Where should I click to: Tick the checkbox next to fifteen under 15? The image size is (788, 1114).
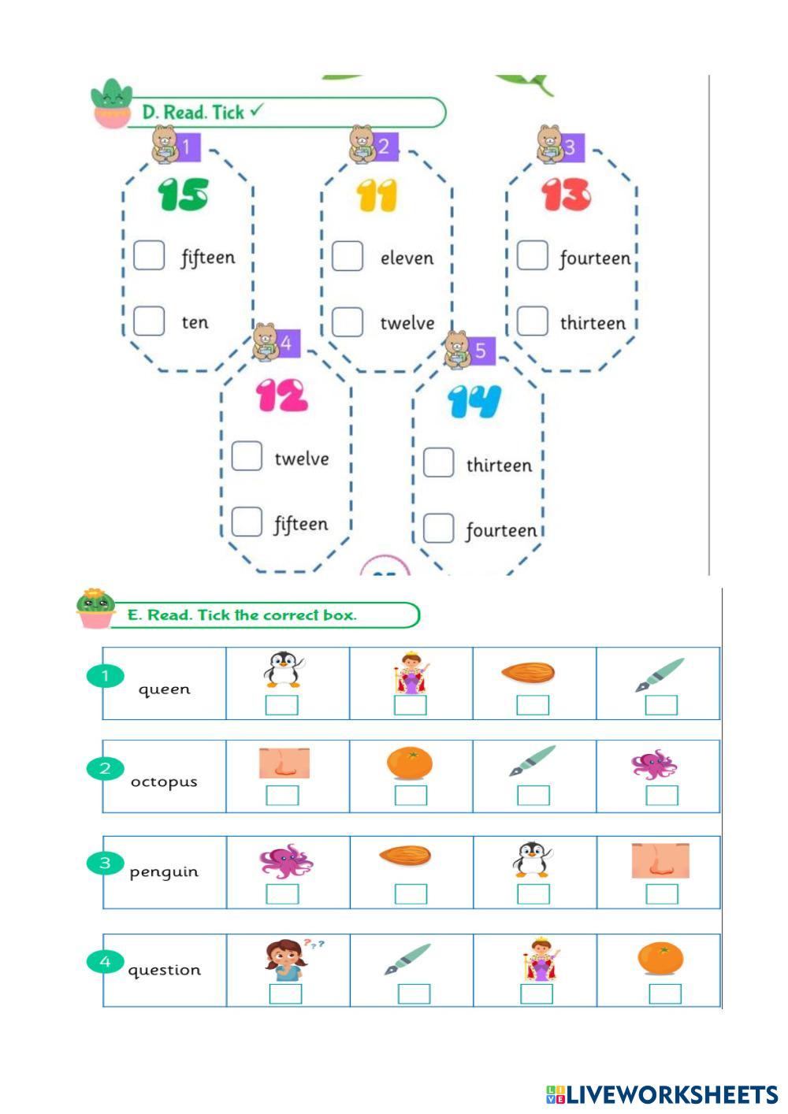click(149, 255)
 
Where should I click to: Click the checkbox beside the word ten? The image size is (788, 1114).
click(149, 321)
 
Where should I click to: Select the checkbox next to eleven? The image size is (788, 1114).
click(348, 256)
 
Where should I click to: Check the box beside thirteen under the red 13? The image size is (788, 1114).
click(533, 321)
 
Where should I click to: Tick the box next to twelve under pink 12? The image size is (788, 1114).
click(247, 456)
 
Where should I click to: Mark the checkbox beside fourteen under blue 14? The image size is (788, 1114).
click(439, 528)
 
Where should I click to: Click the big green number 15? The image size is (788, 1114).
click(183, 195)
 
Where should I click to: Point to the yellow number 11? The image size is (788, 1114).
click(377, 195)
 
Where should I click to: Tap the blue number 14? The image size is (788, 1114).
click(474, 401)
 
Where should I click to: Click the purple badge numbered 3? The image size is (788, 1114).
click(570, 147)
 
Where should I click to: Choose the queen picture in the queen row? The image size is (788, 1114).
click(411, 671)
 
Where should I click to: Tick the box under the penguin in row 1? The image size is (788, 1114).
click(281, 705)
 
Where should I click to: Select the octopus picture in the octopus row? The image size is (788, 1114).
click(654, 763)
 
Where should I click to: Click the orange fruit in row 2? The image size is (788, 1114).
click(410, 763)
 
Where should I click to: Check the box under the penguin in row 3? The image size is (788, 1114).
click(533, 894)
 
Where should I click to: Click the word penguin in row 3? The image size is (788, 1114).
click(164, 872)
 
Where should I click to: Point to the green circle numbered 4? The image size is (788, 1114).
click(105, 961)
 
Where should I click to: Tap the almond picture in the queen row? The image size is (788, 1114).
click(528, 672)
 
